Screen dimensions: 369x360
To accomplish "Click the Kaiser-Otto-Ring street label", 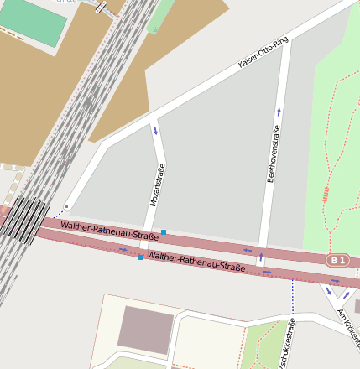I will pos(263,52).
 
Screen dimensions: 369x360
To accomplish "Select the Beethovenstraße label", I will pos(272,153).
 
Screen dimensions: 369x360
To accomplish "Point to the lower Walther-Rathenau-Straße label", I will pos(196,261).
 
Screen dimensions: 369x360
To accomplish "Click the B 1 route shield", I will pos(337,261).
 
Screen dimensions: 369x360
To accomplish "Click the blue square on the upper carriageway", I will pos(164,231).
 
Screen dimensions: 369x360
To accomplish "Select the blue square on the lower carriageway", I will pos(140,257).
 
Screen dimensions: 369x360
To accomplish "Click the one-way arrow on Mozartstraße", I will pos(154,129).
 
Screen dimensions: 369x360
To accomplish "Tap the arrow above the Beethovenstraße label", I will pos(278,111).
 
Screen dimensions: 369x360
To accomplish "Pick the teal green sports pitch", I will pos(34,21).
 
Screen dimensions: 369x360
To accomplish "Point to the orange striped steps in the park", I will pos(325,195).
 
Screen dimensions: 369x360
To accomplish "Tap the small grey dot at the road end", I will pos(66,206).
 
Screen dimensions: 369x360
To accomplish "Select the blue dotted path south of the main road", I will pos(292,294).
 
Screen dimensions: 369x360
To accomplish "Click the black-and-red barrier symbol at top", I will pos(102,7).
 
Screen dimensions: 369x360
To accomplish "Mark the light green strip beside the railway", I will pos(154,17).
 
